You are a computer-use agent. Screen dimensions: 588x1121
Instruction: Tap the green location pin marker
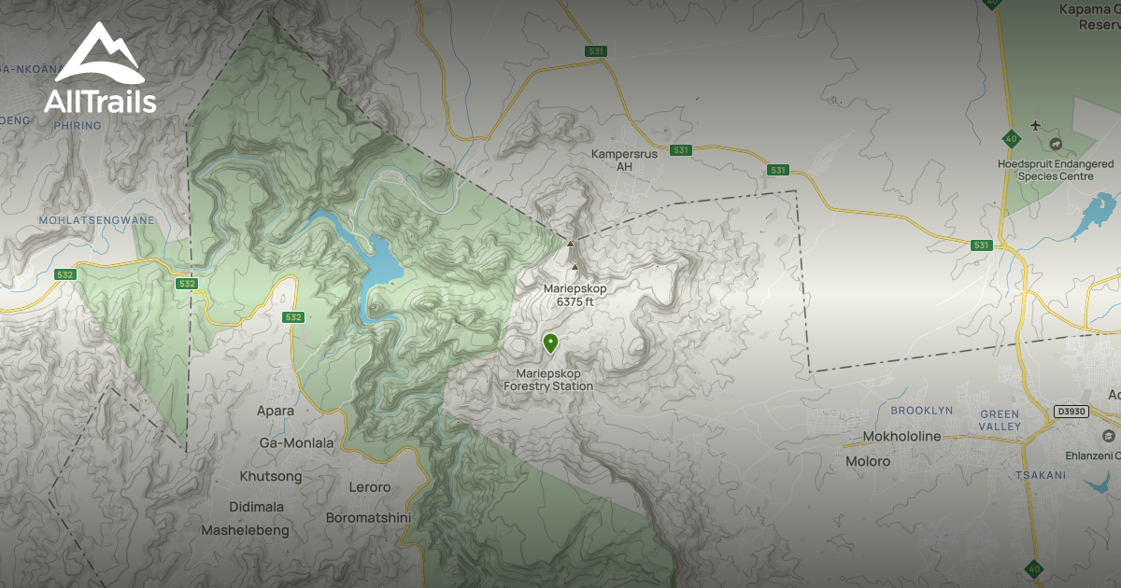[551, 344]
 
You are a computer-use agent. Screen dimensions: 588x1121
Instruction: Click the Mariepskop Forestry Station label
[548, 380]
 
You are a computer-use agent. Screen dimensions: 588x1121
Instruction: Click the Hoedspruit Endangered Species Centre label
[1056, 170]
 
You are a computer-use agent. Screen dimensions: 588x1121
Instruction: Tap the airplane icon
[1034, 126]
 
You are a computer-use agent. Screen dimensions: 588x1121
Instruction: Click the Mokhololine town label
[901, 437]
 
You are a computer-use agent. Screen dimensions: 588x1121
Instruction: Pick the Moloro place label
[868, 461]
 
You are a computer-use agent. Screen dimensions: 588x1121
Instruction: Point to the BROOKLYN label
[921, 411]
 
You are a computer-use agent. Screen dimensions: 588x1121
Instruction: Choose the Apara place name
[276, 411]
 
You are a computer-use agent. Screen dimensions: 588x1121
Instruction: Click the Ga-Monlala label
[296, 443]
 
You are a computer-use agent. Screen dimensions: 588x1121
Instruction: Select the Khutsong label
[271, 477]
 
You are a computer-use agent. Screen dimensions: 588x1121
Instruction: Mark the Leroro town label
[368, 487]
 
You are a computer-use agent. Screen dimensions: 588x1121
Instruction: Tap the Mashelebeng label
[246, 530]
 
